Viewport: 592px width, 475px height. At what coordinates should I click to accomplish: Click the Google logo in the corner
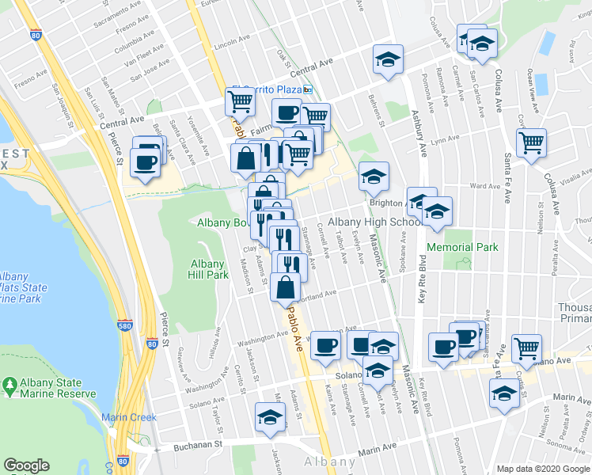click(27, 465)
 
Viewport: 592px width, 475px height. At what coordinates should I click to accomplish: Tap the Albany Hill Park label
click(209, 269)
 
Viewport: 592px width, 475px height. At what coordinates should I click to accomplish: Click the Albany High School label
click(374, 222)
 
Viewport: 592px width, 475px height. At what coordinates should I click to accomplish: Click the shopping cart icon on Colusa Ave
click(530, 143)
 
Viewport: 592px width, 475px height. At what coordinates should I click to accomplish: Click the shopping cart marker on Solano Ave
click(526, 347)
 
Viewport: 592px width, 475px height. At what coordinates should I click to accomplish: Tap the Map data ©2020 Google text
click(543, 469)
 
